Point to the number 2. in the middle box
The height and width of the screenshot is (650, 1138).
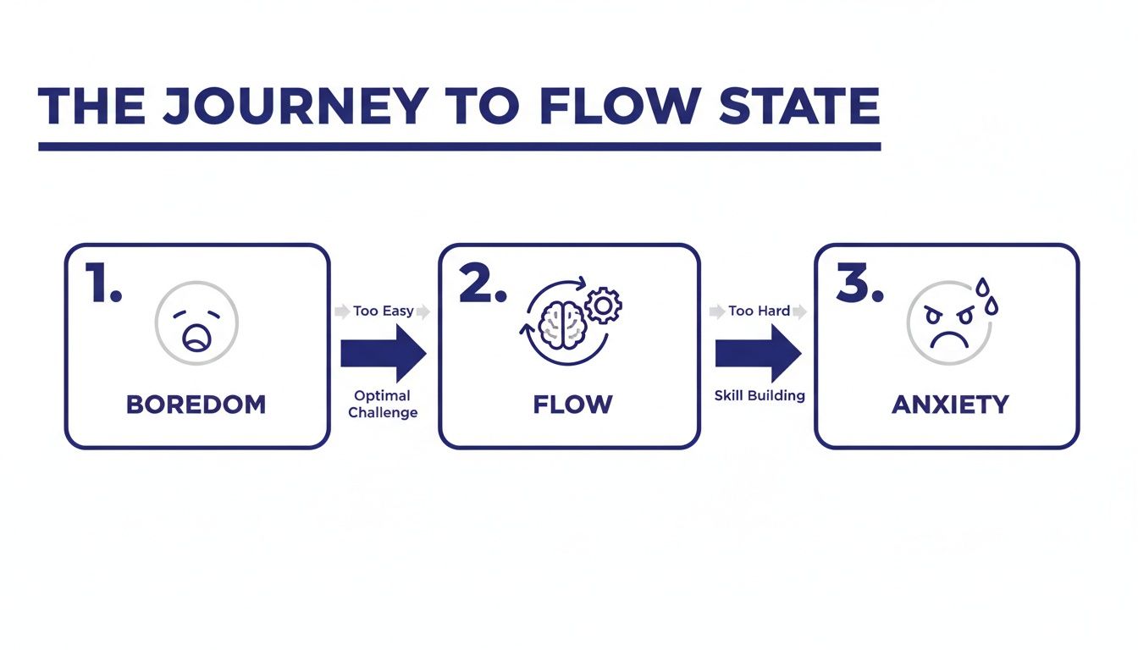pos(482,286)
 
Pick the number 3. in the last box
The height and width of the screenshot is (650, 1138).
pos(859,286)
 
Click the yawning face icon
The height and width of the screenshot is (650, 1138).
pos(196,323)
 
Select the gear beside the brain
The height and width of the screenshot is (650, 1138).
pos(603,306)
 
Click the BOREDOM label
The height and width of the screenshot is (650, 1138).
pos(196,405)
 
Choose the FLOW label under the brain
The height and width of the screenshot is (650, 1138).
pos(572,405)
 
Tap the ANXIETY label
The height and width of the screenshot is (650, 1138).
pos(950,405)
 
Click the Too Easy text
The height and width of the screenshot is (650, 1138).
pos(384,311)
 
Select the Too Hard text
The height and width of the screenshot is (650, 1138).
pos(759,311)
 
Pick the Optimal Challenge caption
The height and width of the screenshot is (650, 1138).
pos(383,404)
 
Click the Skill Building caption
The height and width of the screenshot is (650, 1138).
pos(760,395)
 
